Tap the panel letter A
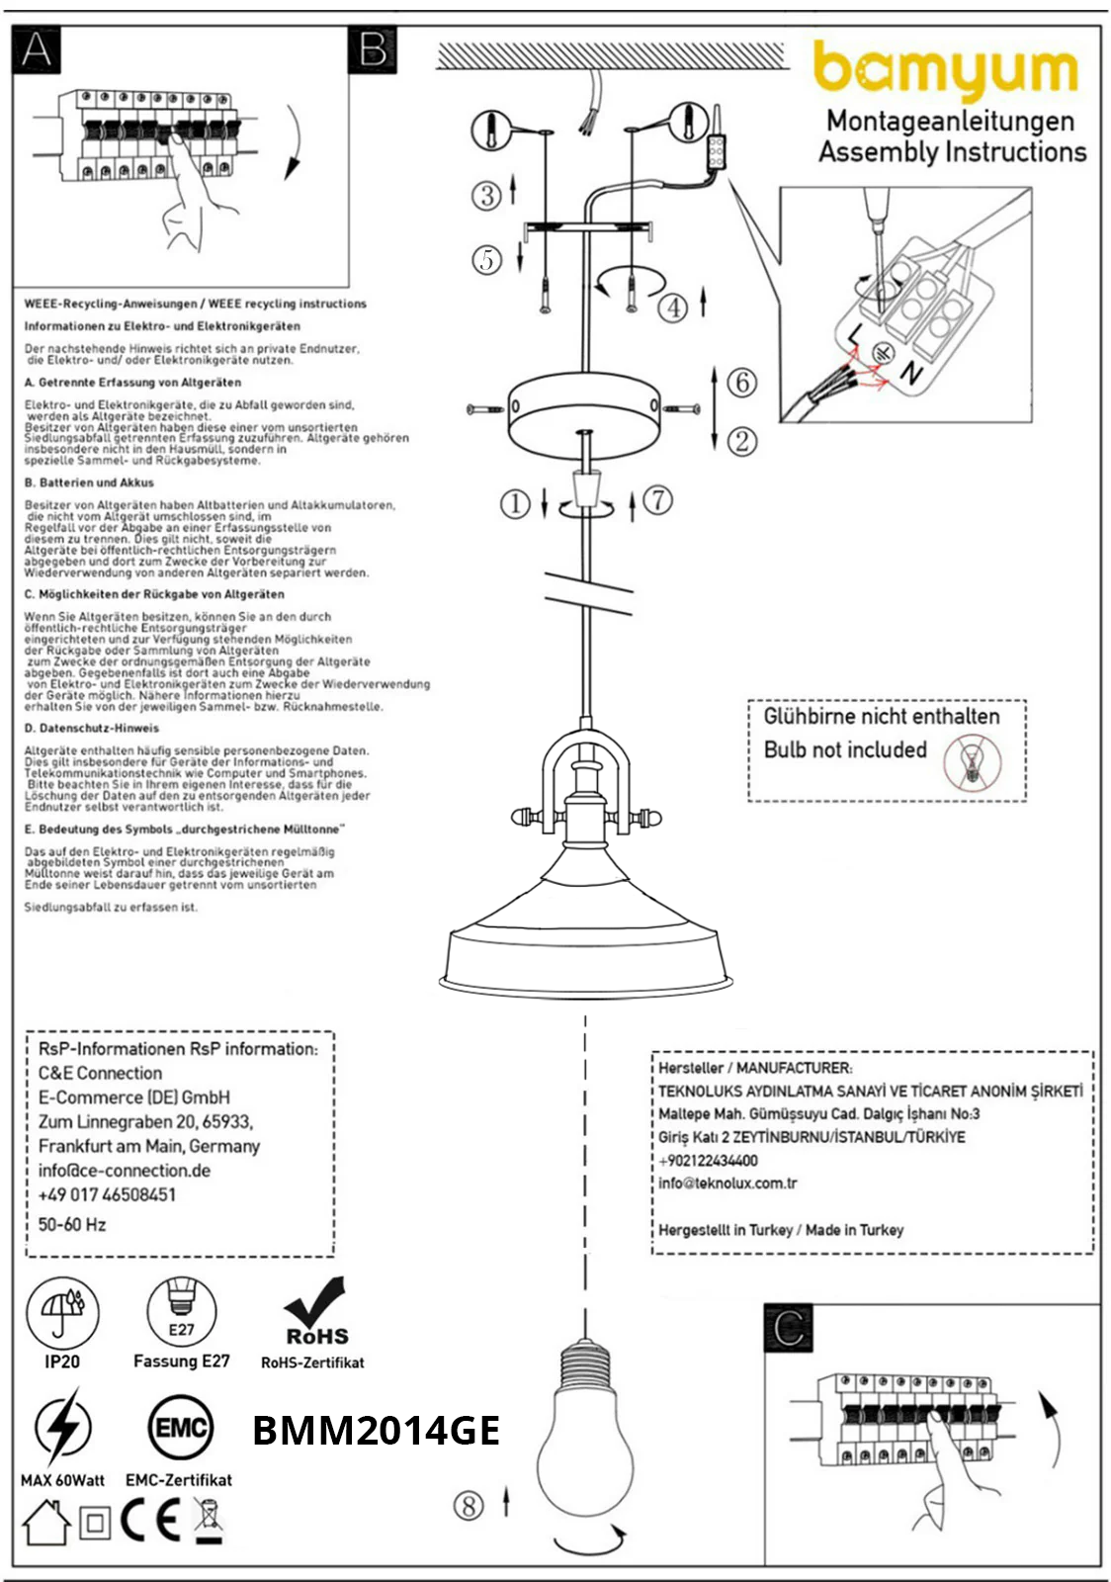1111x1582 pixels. [x=37, y=49]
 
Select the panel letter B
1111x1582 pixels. [x=373, y=49]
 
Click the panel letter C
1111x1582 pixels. [x=789, y=1328]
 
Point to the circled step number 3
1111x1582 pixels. [x=485, y=195]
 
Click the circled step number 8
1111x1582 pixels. [x=469, y=1506]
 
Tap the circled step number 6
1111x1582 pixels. [x=741, y=382]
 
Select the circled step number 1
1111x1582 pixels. [x=515, y=504]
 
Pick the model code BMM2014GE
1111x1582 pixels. [x=376, y=1431]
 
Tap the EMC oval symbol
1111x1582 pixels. [x=181, y=1427]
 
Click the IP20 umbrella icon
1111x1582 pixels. [x=62, y=1313]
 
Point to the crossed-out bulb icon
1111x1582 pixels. [x=972, y=763]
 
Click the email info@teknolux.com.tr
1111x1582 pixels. [x=727, y=1183]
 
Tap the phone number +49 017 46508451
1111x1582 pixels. [x=107, y=1194]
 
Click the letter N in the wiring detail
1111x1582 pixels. [x=910, y=374]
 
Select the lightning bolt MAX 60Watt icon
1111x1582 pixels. [x=62, y=1427]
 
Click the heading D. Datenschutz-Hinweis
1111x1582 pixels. [x=91, y=728]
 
